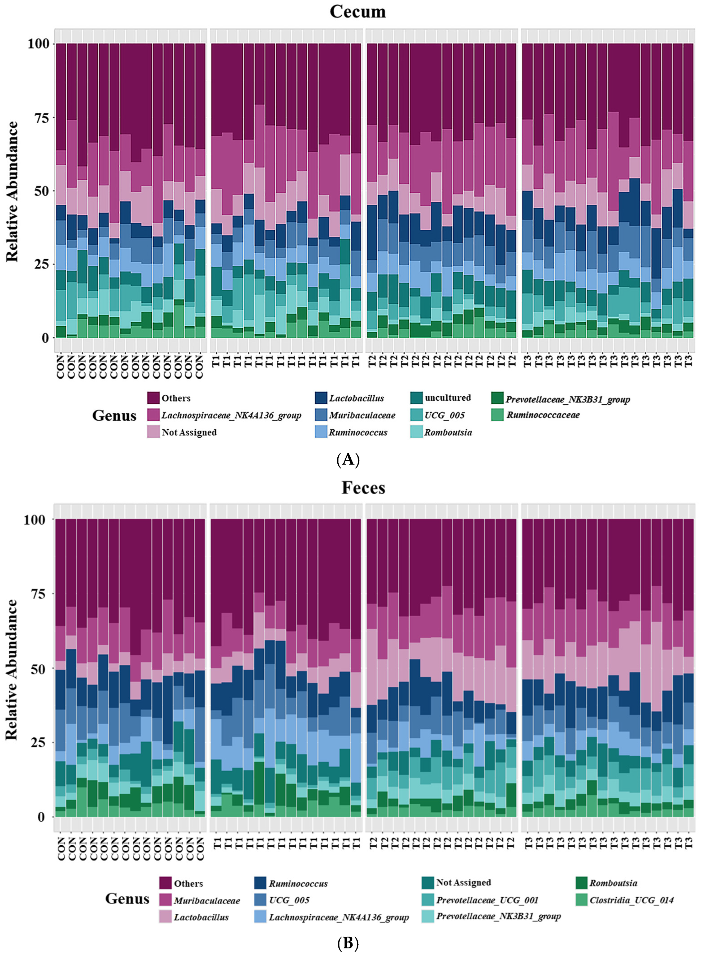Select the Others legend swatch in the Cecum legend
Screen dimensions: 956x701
pos(153,398)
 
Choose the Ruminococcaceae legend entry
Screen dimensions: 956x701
pos(543,415)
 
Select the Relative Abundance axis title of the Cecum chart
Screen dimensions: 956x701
pos(13,191)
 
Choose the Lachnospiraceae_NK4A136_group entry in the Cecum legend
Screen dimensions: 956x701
pos(231,415)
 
